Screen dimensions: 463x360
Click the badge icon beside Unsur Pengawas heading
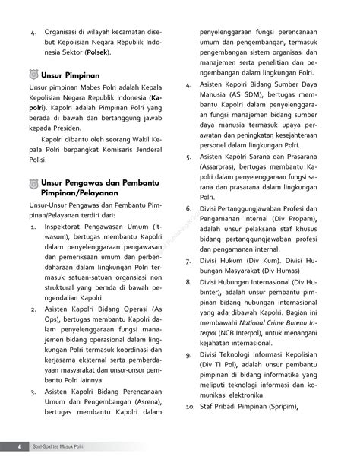click(x=31, y=185)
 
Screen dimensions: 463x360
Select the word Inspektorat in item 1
click(x=69, y=226)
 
